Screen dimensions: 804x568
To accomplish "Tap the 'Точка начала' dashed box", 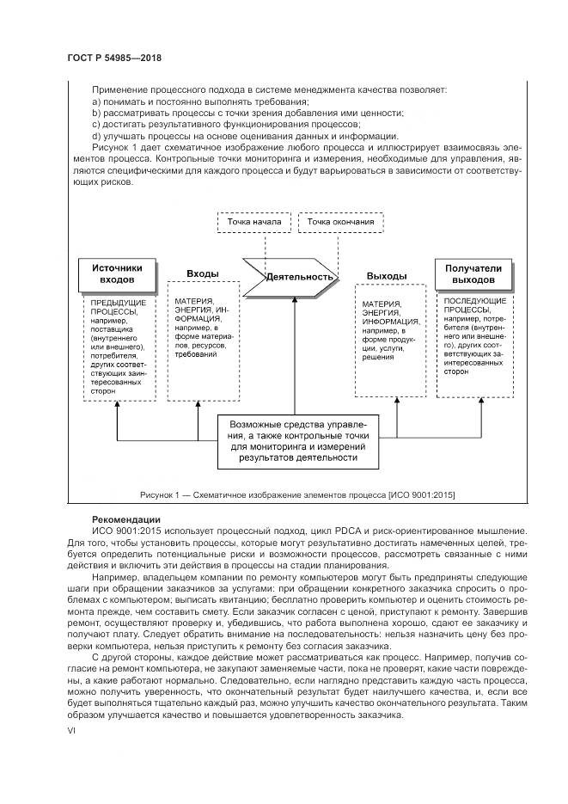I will (254, 223).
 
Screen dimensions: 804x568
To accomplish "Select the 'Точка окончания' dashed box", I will (340, 223).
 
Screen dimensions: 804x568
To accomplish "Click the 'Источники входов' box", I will (118, 273).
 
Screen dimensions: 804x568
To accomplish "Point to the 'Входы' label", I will (203, 273).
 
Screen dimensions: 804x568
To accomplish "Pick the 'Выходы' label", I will (386, 275).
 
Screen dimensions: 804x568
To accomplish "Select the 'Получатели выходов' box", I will (473, 273).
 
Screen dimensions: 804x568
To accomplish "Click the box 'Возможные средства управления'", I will (296, 440).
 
